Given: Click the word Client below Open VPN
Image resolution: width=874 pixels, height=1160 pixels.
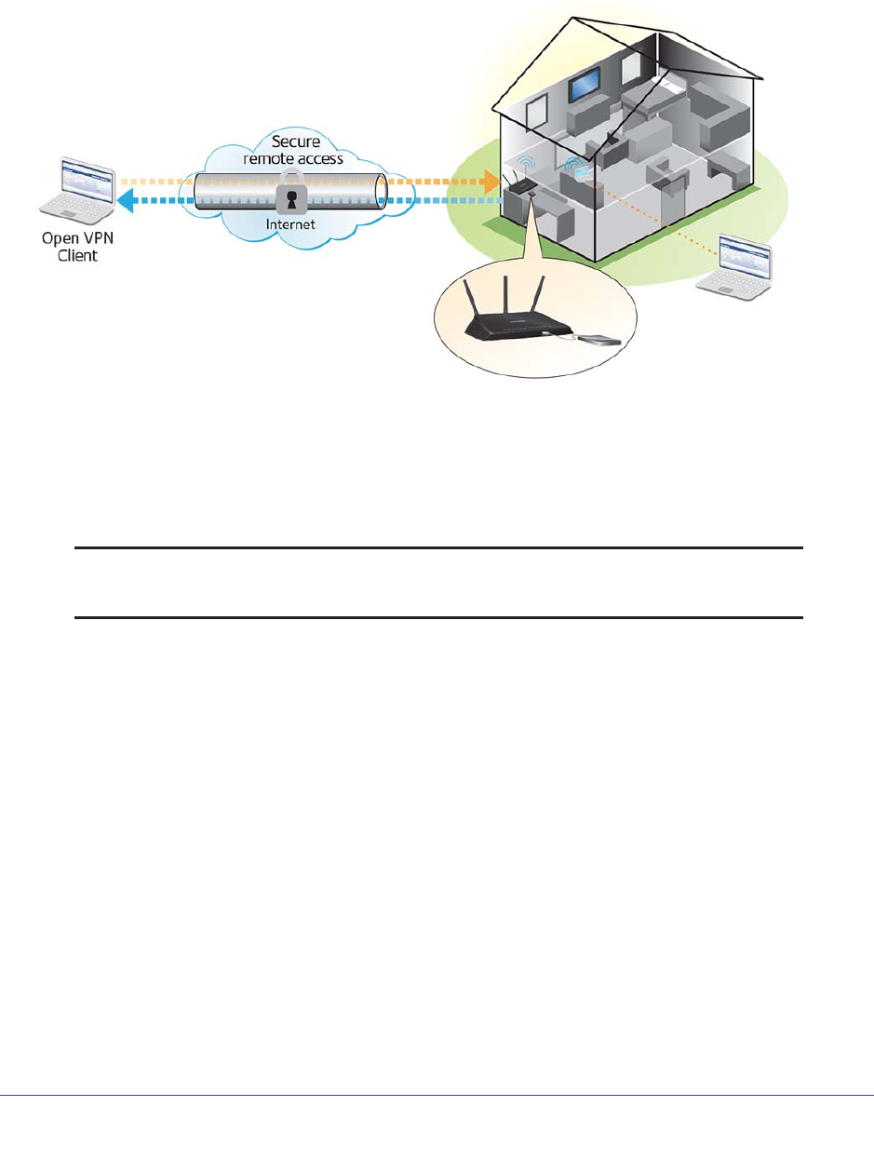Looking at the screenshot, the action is coord(77,255).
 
